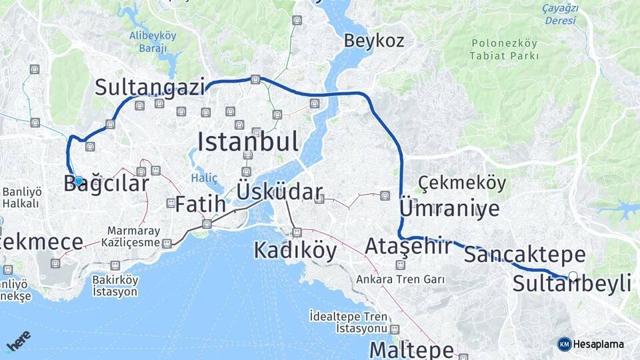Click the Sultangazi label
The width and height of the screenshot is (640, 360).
(x=149, y=87)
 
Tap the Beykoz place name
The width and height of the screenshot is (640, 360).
(x=374, y=41)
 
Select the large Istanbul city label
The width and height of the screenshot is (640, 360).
(x=247, y=141)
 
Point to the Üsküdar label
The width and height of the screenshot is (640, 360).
(x=279, y=193)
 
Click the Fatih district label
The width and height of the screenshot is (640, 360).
(x=200, y=205)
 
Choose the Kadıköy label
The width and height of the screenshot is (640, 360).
(x=295, y=251)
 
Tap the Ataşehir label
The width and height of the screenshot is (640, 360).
(x=408, y=247)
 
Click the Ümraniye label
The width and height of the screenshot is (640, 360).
(x=449, y=209)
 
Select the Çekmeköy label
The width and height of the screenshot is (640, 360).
(x=462, y=183)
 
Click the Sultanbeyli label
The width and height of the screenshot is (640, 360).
(x=572, y=284)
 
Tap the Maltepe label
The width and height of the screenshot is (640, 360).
(x=411, y=349)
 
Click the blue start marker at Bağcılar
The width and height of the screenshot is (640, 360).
(x=79, y=181)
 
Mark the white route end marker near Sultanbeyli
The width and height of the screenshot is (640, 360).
(x=573, y=275)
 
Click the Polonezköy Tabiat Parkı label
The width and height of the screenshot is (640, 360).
(x=504, y=49)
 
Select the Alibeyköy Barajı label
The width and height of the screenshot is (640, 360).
(x=153, y=41)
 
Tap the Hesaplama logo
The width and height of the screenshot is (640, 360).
(x=591, y=344)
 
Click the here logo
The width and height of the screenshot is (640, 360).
(x=18, y=341)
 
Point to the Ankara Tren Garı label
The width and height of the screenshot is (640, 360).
(x=401, y=279)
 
